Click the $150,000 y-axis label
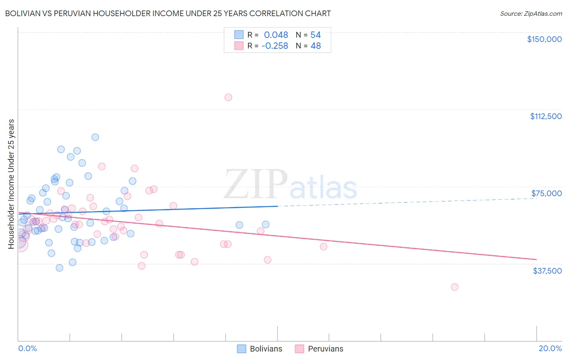(x=544, y=39)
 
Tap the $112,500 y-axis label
(x=546, y=116)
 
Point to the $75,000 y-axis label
(x=546, y=193)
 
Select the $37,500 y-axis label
(x=547, y=271)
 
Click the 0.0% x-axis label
(x=27, y=348)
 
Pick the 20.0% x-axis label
(x=550, y=348)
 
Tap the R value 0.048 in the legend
(x=276, y=35)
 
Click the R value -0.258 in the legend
(x=275, y=46)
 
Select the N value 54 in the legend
(x=315, y=35)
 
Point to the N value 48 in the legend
(x=315, y=46)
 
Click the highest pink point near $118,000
(x=228, y=97)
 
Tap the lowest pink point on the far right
(x=454, y=287)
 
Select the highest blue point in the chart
(x=95, y=137)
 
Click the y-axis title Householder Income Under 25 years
(x=11, y=184)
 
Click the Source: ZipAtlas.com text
(x=531, y=13)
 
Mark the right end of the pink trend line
(x=536, y=259)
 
